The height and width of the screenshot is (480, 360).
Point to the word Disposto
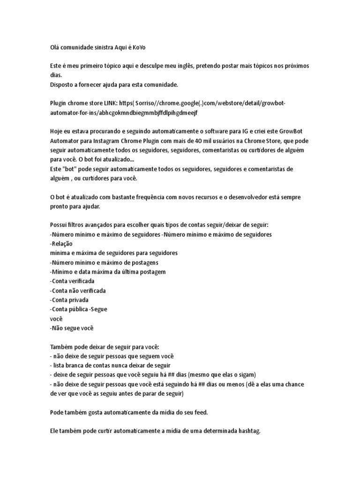pyautogui.click(x=62, y=85)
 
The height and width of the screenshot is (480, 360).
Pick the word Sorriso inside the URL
pyautogui.click(x=148, y=104)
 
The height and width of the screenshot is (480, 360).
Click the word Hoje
pyautogui.click(x=57, y=132)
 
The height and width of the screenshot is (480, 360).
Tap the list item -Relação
pyautogui.click(x=61, y=244)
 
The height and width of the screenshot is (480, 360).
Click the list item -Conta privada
pyautogui.click(x=69, y=300)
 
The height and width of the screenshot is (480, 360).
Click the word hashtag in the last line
pyautogui.click(x=246, y=430)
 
